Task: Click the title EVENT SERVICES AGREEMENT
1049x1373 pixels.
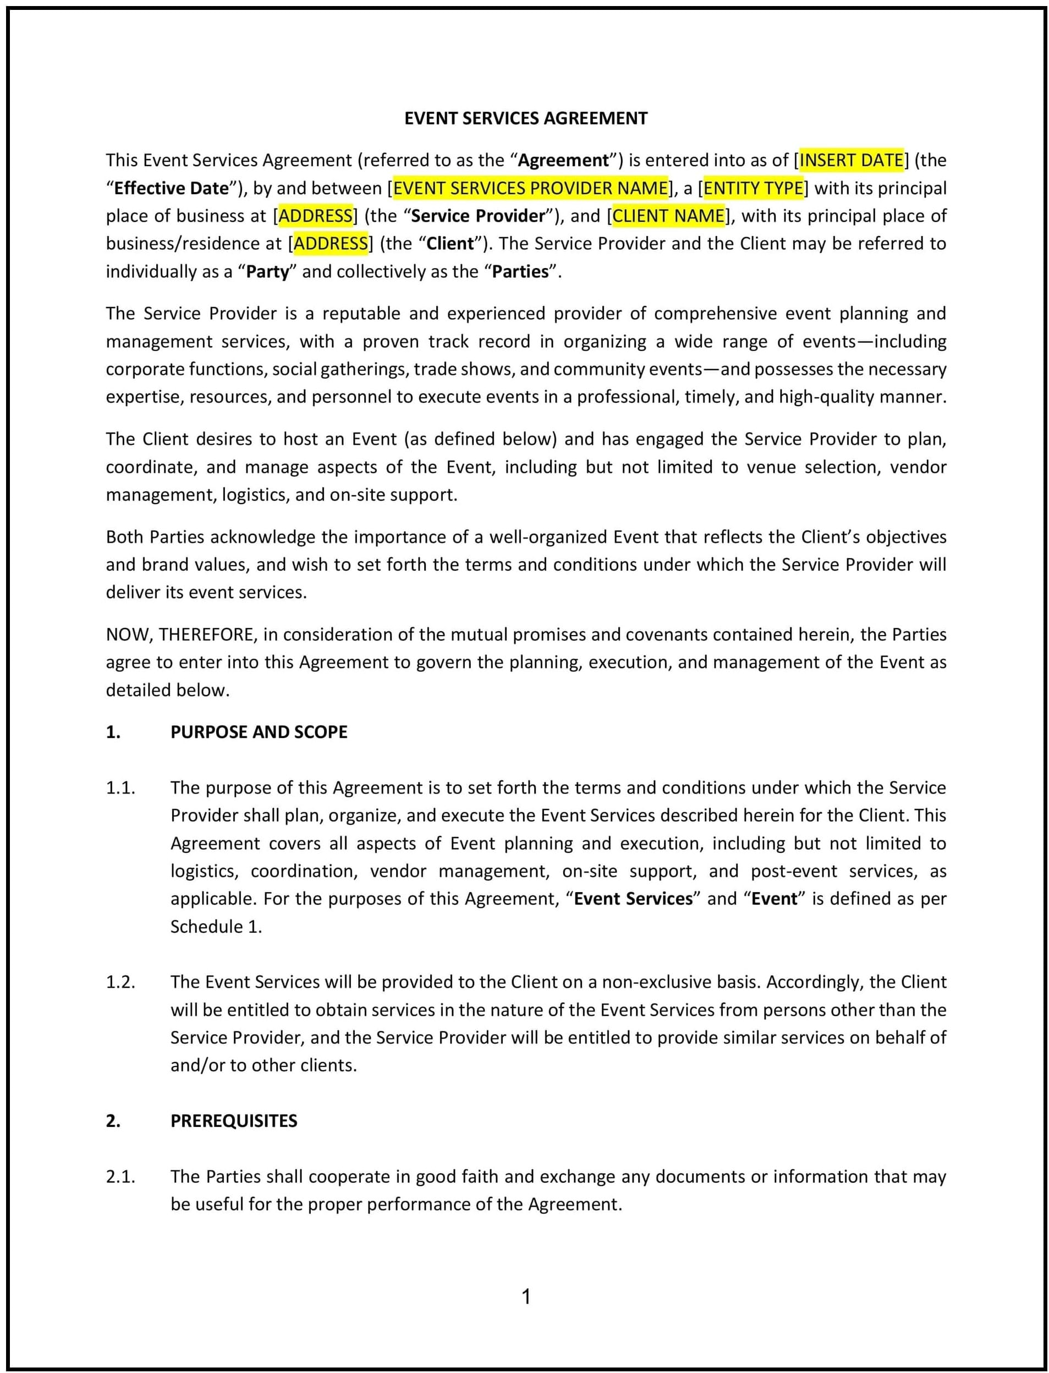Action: pos(526,119)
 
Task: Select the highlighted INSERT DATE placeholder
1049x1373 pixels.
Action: pos(851,161)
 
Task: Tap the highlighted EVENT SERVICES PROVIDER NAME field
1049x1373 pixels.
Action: pos(530,188)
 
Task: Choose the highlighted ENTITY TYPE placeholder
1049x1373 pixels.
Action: pos(753,188)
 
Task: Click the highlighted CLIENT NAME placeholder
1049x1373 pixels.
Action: pos(668,216)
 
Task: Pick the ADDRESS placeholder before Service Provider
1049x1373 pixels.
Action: pos(315,216)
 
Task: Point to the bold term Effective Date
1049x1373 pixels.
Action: pos(172,189)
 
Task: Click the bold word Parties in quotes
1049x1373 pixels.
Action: pos(520,272)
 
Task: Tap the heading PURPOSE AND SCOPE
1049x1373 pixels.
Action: pos(259,732)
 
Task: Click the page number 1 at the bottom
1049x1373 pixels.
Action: pos(526,1297)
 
